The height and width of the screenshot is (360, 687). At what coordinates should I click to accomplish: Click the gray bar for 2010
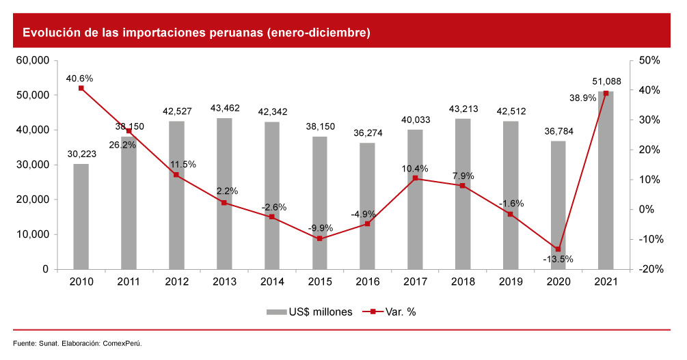tap(81, 217)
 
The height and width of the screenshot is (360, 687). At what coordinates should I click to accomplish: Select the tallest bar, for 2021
tap(605, 180)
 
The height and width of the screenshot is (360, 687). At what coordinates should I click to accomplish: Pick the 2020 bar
tap(558, 205)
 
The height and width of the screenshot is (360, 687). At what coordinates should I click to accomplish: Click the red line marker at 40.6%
tap(81, 88)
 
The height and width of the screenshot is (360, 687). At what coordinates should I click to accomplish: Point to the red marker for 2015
tap(319, 238)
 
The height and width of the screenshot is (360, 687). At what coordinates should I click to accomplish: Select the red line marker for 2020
tap(558, 249)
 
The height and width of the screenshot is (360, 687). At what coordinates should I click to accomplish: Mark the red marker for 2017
tap(415, 178)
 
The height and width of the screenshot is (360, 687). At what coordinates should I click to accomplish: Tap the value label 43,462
tap(224, 109)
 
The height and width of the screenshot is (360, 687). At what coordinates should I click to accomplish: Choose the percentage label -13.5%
tap(558, 260)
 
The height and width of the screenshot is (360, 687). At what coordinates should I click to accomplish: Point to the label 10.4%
tap(415, 168)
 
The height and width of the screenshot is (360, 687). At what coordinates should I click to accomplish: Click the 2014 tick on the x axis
tap(271, 281)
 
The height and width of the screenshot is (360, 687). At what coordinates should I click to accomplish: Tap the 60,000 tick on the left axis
tap(32, 61)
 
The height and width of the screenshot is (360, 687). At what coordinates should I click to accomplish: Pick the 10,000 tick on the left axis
tap(32, 234)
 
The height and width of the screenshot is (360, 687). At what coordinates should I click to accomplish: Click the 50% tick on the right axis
tap(649, 61)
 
